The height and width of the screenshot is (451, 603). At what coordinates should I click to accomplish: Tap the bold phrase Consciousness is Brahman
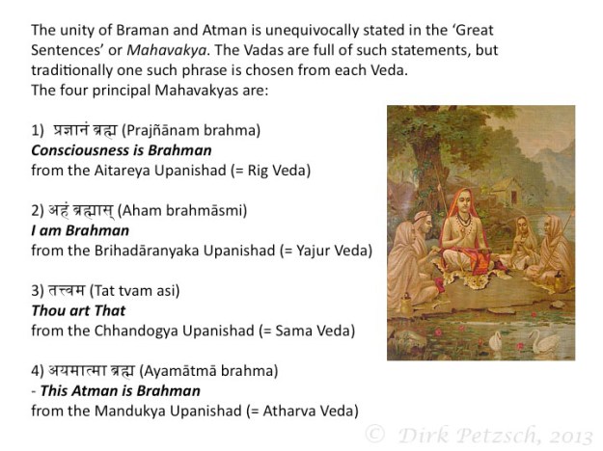(122, 150)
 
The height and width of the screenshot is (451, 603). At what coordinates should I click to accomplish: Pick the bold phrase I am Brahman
(80, 230)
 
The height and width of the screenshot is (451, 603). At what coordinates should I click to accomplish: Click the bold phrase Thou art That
(79, 310)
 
